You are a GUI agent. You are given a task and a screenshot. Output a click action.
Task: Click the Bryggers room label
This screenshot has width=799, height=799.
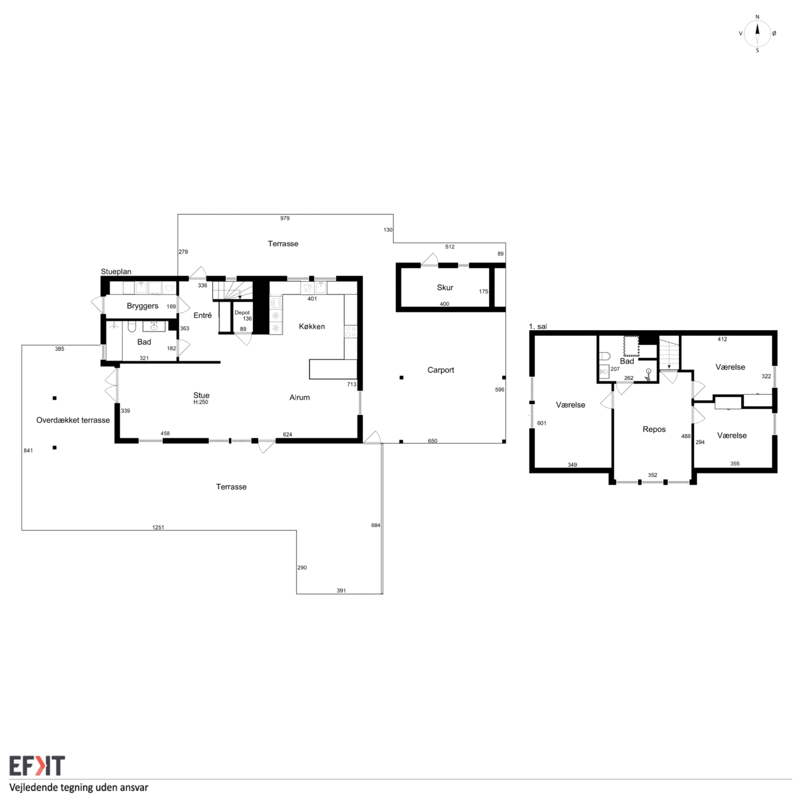pos(142,306)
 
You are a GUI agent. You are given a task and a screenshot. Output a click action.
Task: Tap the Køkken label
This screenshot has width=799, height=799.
pos(312,326)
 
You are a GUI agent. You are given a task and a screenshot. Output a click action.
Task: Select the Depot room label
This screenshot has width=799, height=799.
pos(242,312)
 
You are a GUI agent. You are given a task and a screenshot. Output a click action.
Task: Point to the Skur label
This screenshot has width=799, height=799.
pos(445,288)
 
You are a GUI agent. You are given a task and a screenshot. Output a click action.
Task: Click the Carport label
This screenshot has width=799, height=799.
pos(440,370)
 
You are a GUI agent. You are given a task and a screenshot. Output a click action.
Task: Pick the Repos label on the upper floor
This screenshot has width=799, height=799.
pos(654,429)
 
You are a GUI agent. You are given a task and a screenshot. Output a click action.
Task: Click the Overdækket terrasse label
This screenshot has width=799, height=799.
pos(73,420)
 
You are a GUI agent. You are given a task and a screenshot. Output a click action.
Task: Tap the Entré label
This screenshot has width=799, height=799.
pos(202,315)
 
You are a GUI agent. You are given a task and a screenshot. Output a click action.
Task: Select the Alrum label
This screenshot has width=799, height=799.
pos(299,398)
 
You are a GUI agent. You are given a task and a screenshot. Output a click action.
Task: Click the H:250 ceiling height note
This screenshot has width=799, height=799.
pos(201,402)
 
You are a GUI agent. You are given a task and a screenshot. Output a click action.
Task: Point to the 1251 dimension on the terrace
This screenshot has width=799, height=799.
pos(158,527)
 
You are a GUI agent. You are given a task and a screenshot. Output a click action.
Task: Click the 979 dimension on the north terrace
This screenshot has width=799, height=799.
pos(285,218)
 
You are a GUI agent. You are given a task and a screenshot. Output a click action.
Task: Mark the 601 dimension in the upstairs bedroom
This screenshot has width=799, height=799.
pos(542,423)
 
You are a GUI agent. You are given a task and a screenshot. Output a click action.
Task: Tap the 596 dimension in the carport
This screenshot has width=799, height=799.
pos(500,390)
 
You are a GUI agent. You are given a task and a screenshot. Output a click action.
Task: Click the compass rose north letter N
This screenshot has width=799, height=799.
pos(757,17)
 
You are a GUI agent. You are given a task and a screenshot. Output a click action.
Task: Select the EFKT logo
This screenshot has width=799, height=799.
pos(37,765)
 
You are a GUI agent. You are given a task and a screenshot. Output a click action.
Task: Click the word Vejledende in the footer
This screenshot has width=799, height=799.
pos(34,788)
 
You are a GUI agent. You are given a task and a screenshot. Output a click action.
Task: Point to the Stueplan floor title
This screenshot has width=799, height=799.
pos(116,272)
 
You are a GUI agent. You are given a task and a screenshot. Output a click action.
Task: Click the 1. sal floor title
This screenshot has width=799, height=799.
pos(538,327)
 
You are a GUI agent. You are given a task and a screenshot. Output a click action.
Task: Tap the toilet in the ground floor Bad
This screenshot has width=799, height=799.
pos(131,327)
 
